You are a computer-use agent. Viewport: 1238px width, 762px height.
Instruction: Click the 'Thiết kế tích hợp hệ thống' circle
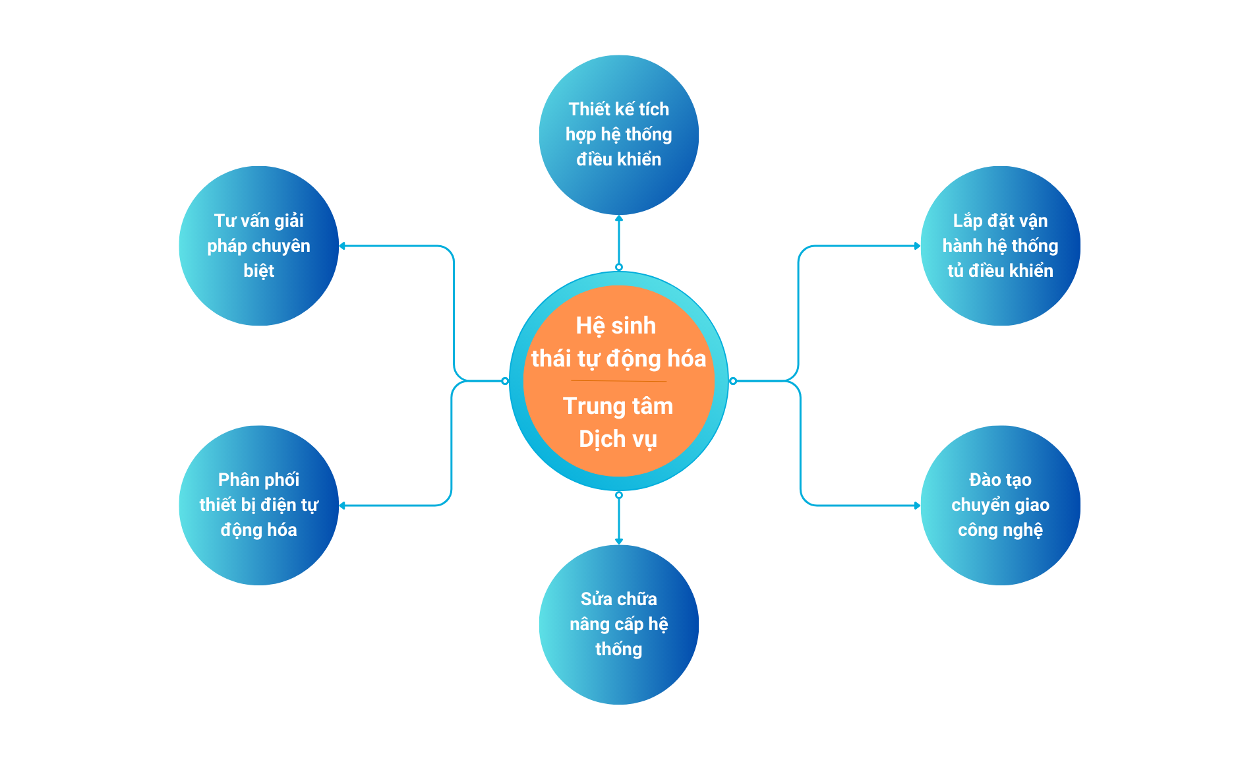point(618,134)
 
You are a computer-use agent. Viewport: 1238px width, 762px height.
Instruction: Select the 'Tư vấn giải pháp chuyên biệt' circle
point(258,245)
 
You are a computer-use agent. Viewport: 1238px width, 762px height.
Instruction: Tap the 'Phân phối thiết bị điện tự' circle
point(258,505)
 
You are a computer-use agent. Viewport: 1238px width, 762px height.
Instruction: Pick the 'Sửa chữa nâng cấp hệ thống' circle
point(618,624)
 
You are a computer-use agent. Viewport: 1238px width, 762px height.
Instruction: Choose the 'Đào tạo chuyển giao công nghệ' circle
point(1000,505)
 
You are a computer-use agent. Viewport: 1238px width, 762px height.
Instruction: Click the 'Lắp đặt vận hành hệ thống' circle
point(1000,245)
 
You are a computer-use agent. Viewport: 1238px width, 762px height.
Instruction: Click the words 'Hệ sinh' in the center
point(616,326)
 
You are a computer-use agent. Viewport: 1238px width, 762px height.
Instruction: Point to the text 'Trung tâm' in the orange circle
point(618,406)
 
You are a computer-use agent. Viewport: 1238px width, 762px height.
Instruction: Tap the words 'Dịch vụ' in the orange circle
point(618,439)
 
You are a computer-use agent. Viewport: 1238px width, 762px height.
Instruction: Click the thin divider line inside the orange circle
point(618,381)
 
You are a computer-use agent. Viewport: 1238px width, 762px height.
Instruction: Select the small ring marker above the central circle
point(618,267)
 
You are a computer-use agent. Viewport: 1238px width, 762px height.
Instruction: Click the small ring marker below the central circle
point(618,495)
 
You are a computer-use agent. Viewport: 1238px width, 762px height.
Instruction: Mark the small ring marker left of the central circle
point(505,381)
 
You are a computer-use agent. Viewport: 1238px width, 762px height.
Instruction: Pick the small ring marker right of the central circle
point(732,381)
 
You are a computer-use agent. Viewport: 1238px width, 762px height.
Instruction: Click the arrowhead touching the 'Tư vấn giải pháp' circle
point(342,246)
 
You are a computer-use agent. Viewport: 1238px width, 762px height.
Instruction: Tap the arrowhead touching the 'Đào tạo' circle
point(917,506)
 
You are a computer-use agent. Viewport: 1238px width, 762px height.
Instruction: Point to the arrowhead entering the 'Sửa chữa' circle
point(618,542)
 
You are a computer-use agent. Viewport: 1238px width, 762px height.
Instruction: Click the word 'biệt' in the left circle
point(258,271)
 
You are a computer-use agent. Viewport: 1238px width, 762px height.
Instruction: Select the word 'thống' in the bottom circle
point(618,649)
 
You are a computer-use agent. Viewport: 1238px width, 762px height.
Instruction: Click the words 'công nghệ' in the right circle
point(1000,530)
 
